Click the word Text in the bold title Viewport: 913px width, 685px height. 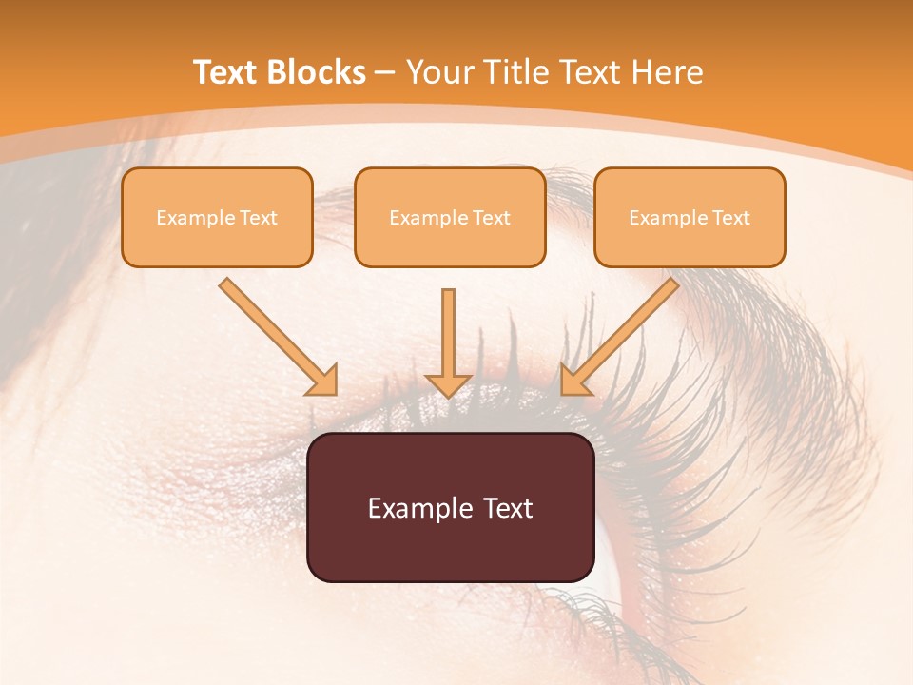pos(226,72)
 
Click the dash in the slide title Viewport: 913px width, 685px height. pos(385,72)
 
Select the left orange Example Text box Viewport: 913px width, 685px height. pos(217,217)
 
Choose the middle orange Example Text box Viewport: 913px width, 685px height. pos(450,217)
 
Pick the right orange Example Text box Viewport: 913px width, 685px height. pos(690,217)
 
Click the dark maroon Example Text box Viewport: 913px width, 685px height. pos(450,507)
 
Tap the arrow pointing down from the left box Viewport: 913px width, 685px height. pos(276,335)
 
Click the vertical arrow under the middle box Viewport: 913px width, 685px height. pos(448,338)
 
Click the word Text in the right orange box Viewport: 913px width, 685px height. pos(730,218)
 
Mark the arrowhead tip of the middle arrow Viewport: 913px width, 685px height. pos(448,396)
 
